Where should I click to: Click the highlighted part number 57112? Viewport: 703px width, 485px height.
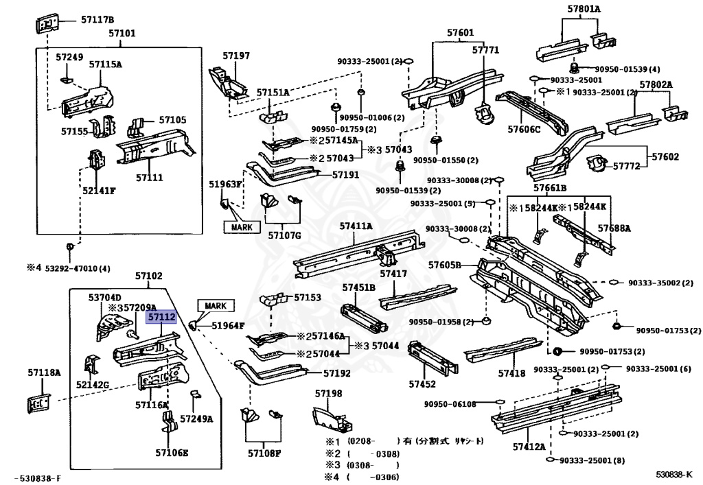coord(162,317)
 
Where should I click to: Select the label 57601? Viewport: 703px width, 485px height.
coord(461,32)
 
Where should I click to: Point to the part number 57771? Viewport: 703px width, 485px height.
coord(485,50)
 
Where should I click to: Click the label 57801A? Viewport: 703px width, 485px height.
coord(584,9)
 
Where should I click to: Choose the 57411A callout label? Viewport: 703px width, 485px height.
coord(356,226)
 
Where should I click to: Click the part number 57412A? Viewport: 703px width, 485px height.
coord(529,447)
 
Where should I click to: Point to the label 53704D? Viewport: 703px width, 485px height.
coord(104,297)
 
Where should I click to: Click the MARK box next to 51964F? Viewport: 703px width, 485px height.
coord(216,305)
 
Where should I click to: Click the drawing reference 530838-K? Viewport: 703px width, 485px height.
coord(673,474)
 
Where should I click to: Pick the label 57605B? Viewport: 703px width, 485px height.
coord(444,265)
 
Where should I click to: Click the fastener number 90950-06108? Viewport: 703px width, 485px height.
coord(450,404)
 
